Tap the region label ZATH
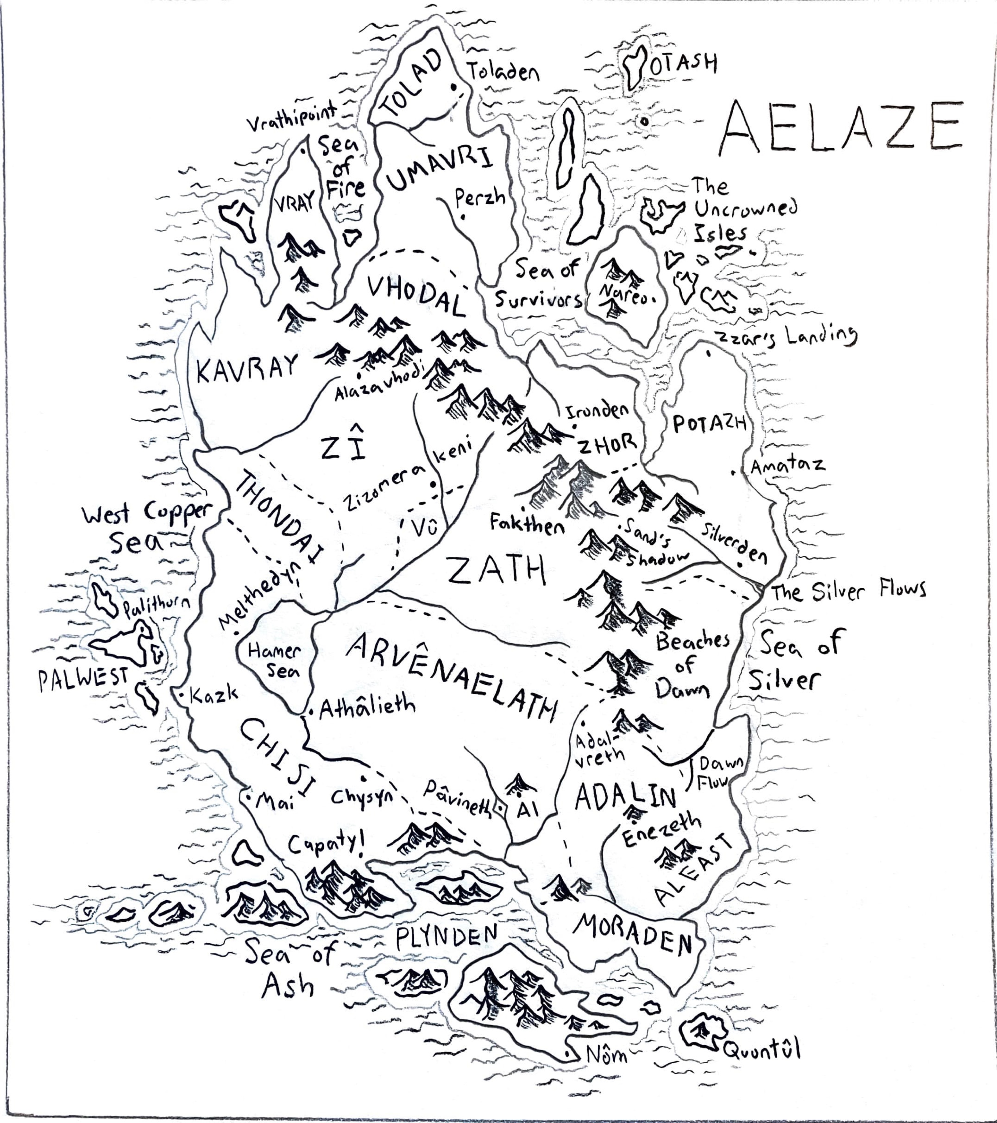coord(496,570)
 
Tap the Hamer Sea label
coord(275,660)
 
